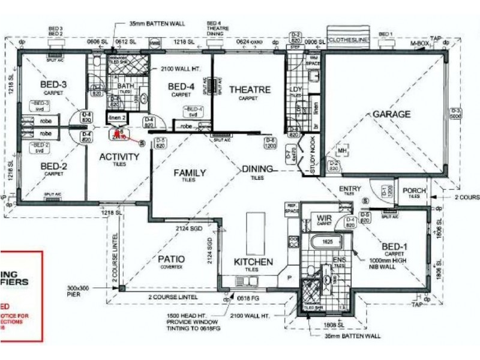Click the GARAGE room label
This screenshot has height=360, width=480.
pyautogui.click(x=392, y=114)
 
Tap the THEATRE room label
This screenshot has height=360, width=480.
pyautogui.click(x=250, y=90)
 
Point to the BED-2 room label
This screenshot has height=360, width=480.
pyautogui.click(x=53, y=166)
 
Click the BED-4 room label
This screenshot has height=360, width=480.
pyautogui.click(x=181, y=87)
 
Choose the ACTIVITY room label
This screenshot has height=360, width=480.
pyautogui.click(x=119, y=157)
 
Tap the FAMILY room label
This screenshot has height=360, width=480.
pyautogui.click(x=190, y=173)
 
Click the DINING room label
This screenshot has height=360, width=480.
pyautogui.click(x=257, y=169)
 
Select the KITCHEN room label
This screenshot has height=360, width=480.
pyautogui.click(x=254, y=262)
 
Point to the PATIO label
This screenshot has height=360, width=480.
pyautogui.click(x=172, y=259)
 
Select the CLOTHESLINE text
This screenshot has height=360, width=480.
pyautogui.click(x=349, y=40)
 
